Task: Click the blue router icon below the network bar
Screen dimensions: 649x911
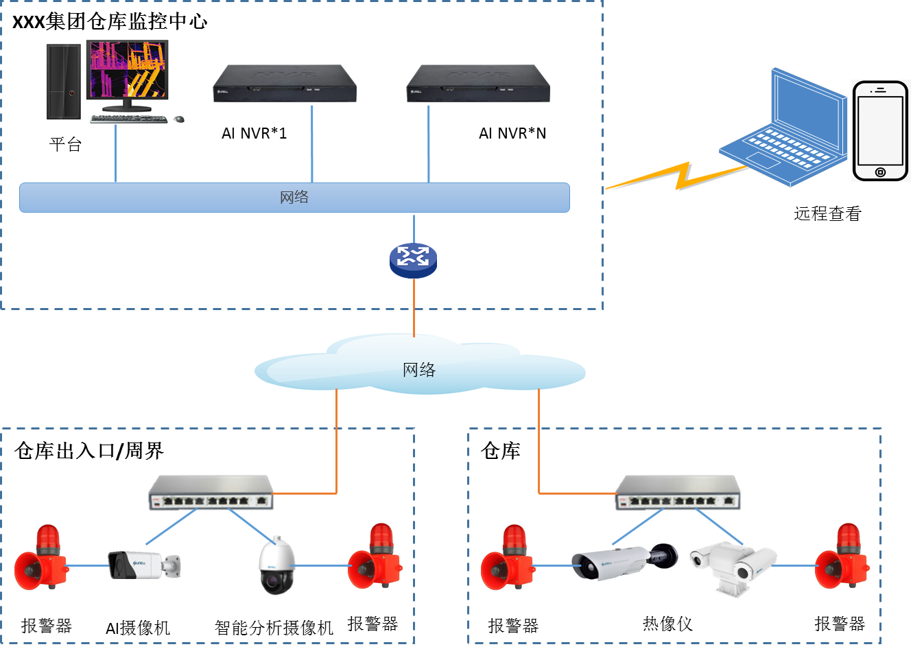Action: [413, 260]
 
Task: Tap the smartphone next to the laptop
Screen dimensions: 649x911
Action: [880, 130]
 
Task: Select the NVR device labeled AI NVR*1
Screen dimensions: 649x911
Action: [285, 84]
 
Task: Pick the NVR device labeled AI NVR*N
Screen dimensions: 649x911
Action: [478, 84]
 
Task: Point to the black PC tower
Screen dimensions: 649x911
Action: [64, 82]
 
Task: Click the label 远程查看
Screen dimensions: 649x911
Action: [827, 214]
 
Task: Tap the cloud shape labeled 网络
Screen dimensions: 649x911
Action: [420, 369]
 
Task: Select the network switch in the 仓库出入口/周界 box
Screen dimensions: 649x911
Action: [211, 493]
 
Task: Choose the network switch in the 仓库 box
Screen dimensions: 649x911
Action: [678, 493]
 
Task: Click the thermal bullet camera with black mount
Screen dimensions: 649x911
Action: [623, 561]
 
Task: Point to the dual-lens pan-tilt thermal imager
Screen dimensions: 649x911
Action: [732, 564]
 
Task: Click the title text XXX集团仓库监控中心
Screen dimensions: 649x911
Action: [110, 21]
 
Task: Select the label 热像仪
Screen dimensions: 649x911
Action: [667, 624]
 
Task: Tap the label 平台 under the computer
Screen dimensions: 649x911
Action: [66, 145]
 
